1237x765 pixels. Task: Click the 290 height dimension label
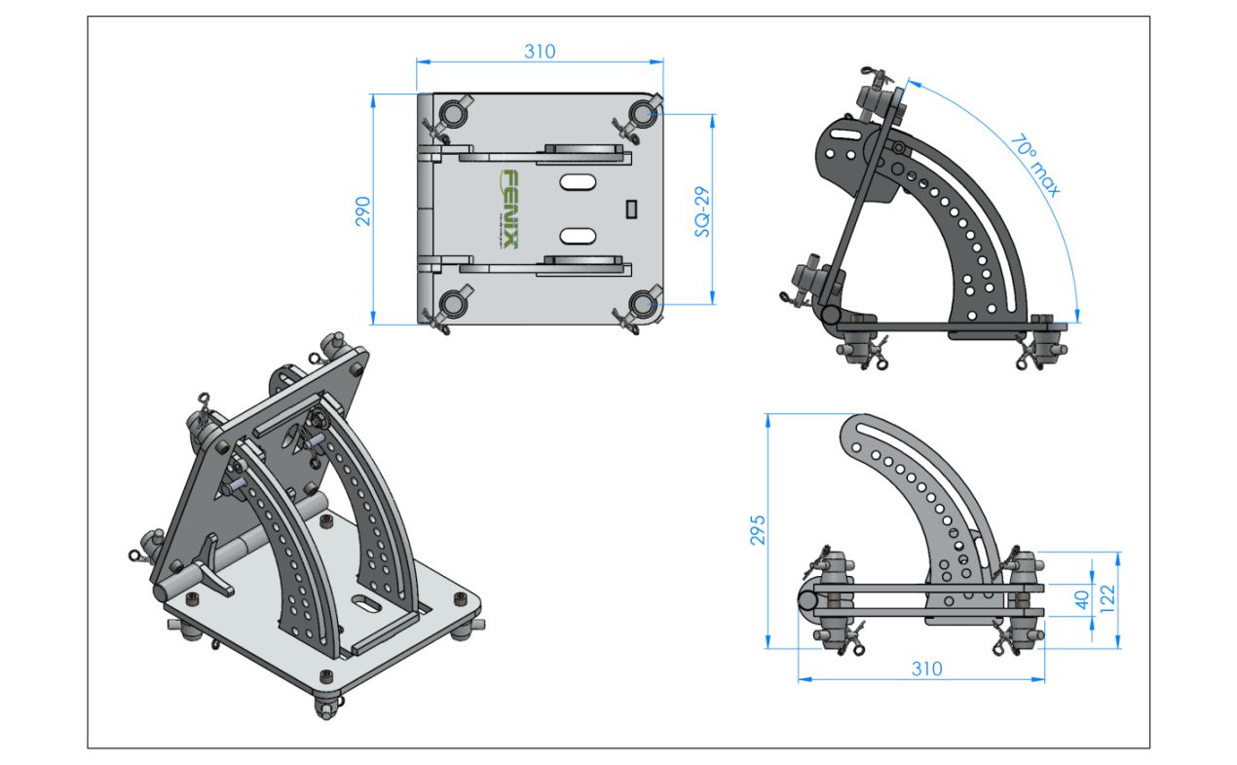coord(362,211)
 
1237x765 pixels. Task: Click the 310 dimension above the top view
coord(540,52)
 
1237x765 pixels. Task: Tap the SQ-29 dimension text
coord(702,211)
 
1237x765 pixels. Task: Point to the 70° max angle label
coord(1035,165)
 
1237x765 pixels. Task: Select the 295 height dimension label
coord(758,530)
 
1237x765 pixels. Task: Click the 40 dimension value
coord(1082,599)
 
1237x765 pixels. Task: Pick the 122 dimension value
coord(1107,598)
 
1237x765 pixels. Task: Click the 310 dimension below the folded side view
coord(926,669)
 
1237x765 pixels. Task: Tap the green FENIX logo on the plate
coord(509,210)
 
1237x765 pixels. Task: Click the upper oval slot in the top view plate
coord(578,181)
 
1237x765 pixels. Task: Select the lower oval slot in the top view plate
coord(578,236)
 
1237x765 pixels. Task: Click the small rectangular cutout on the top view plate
coord(631,209)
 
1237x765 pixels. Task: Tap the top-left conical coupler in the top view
coord(453,114)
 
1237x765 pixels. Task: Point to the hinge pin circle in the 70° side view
coord(830,316)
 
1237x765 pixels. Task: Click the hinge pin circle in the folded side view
coord(808,599)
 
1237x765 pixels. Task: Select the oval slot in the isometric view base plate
coord(365,603)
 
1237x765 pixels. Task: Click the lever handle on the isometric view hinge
coord(213,566)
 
